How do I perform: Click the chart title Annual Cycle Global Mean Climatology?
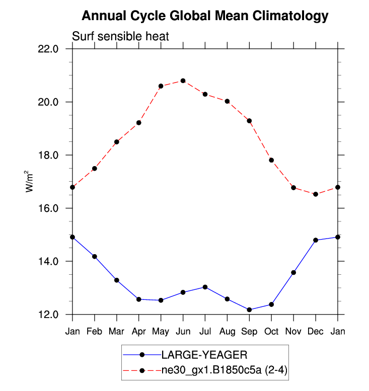205,16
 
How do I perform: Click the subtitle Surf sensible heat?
120,36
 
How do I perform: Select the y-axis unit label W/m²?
30,182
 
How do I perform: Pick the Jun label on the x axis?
183,331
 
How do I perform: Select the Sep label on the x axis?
249,331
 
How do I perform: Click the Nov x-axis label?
293,331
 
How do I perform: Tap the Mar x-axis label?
117,331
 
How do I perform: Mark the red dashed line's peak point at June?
183,81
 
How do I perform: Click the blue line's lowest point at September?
249,309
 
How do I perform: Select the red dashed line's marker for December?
316,194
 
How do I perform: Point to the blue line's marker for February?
95,257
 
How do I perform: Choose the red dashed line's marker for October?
271,160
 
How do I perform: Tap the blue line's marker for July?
205,287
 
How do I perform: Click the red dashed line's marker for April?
139,123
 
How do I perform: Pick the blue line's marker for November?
293,272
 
